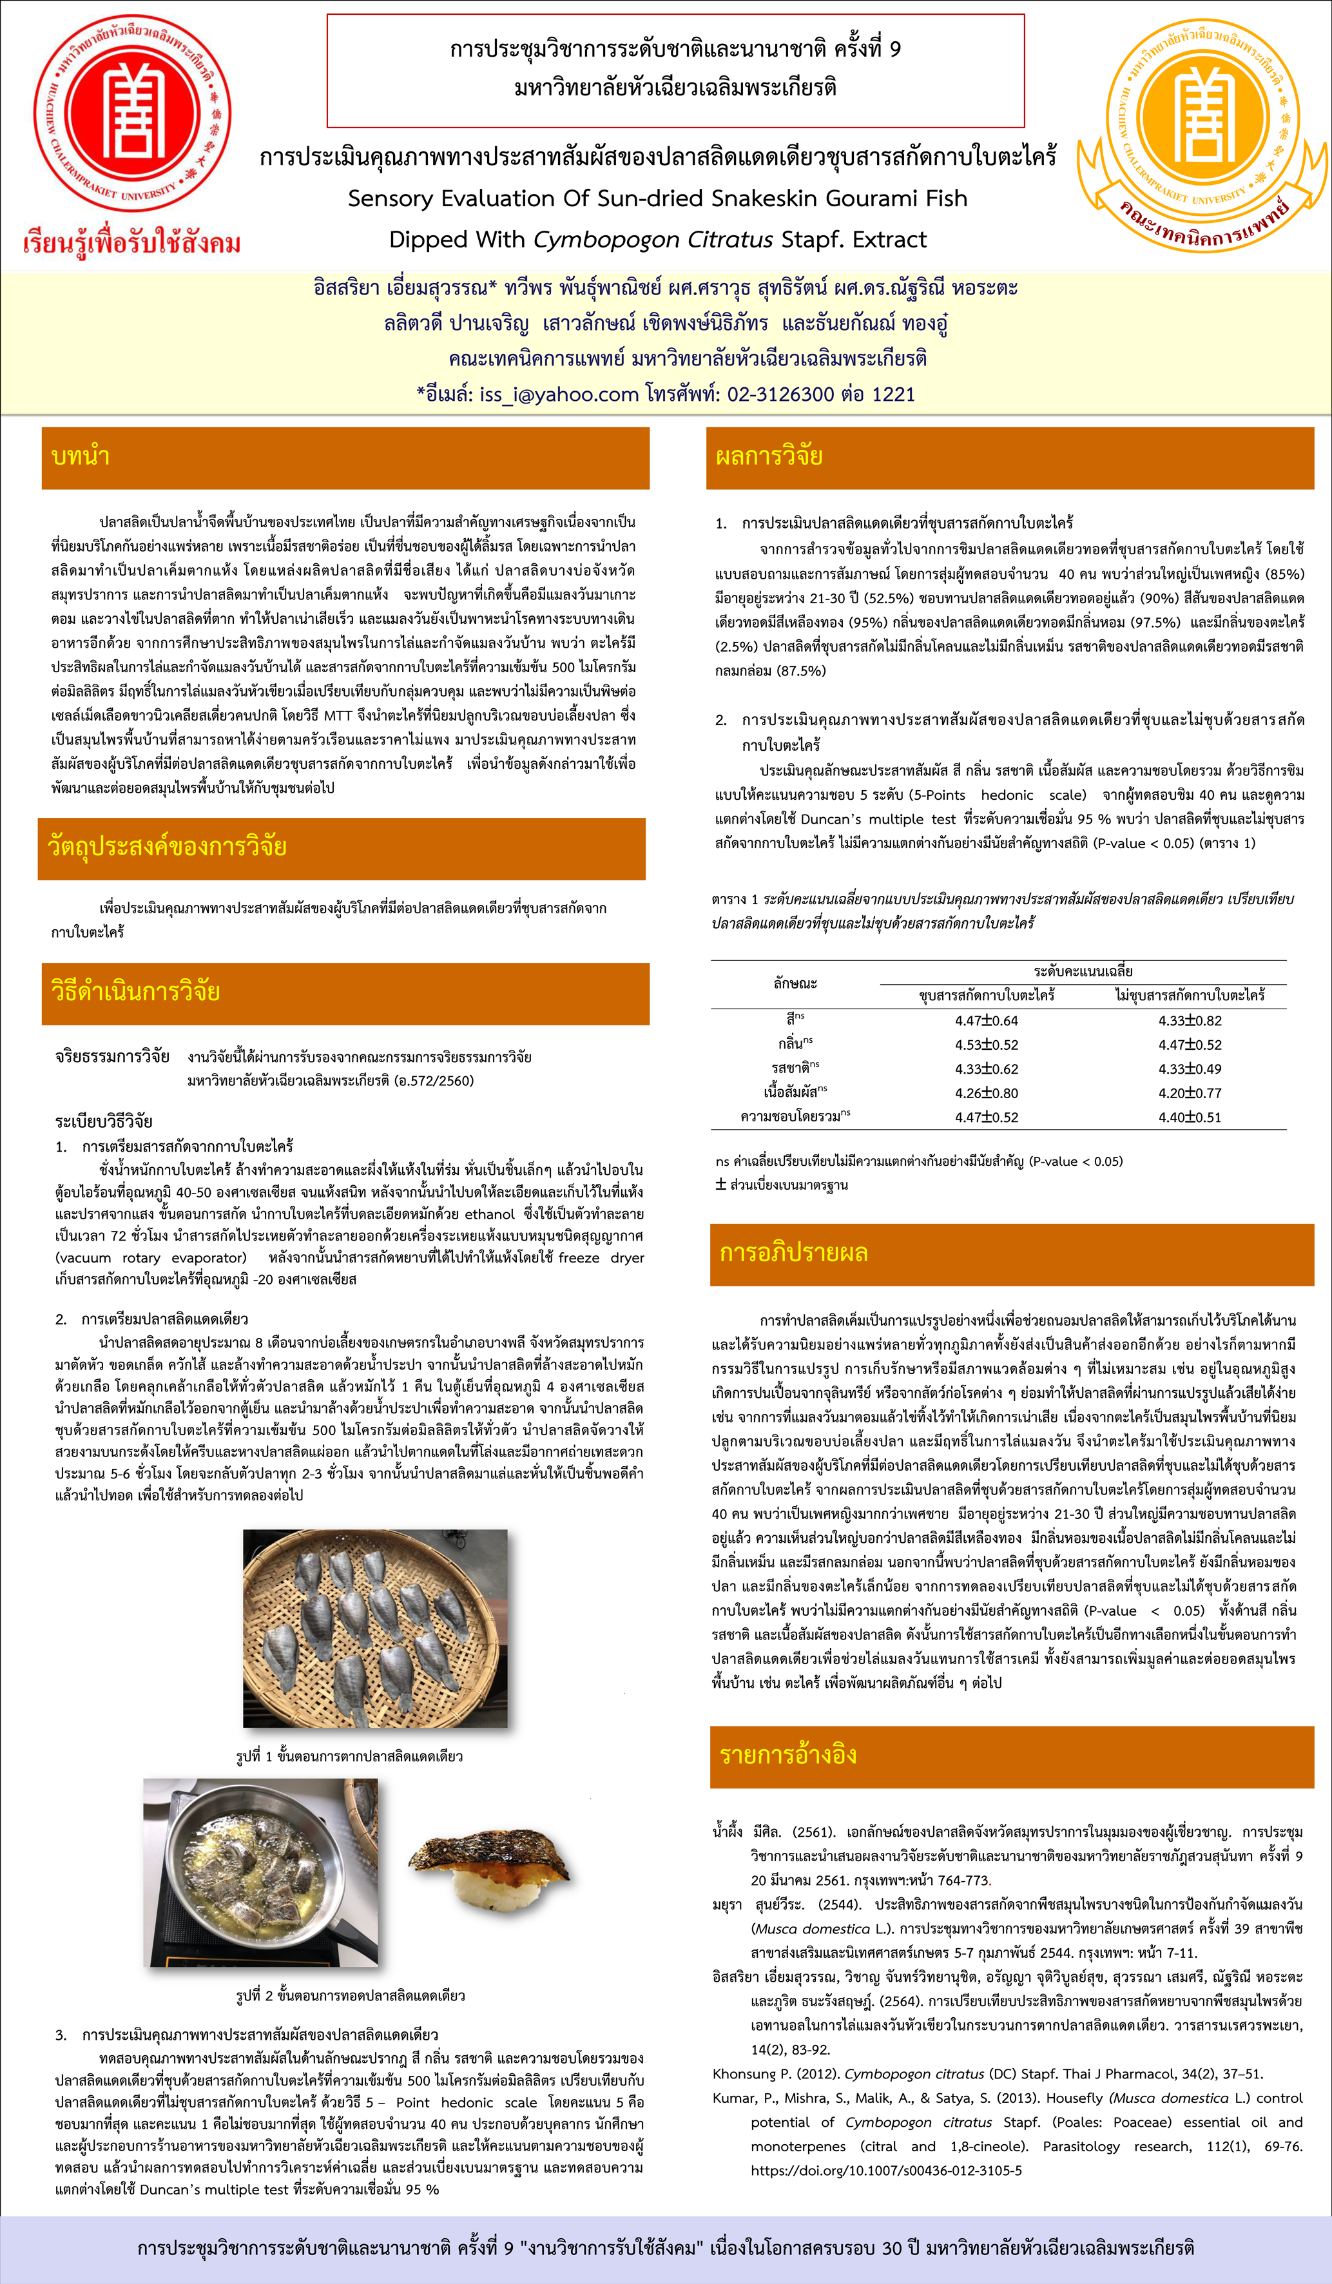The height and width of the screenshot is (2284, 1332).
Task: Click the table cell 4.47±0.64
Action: (x=986, y=1021)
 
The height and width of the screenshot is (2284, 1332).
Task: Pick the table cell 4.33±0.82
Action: (x=1189, y=1021)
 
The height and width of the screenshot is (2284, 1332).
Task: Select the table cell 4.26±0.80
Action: (x=986, y=1093)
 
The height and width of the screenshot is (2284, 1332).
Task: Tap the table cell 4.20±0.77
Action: (x=1189, y=1093)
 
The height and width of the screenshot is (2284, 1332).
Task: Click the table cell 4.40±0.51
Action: (x=1189, y=1118)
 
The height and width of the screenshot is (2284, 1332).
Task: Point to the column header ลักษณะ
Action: (x=795, y=982)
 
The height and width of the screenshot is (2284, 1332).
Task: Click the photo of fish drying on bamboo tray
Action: (x=375, y=1628)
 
